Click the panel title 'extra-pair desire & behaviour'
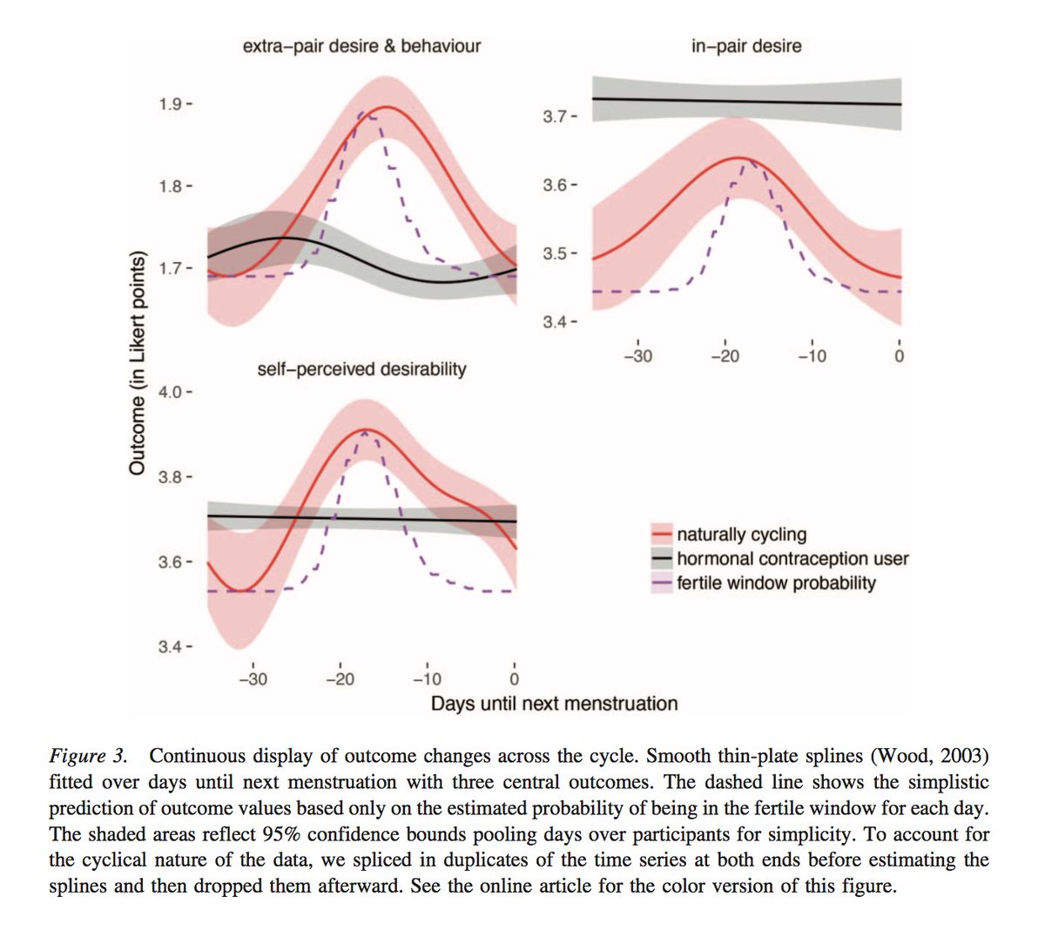361,45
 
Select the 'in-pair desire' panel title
745,45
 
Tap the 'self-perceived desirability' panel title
361,369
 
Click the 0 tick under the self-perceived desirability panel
515,679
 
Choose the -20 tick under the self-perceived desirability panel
340,679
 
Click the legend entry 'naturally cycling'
741,535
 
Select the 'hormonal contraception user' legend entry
792,559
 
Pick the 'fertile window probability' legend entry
776,583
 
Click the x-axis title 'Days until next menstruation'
554,704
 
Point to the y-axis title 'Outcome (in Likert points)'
137,363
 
